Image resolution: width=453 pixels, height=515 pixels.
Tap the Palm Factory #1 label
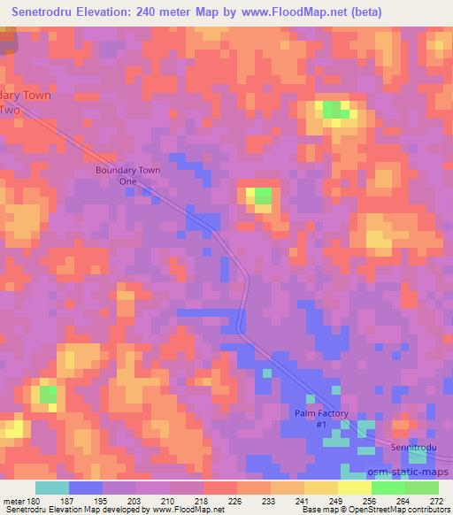click(x=322, y=419)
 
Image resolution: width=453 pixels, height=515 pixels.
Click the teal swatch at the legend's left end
click(x=52, y=488)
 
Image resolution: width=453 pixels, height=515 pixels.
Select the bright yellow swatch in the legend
click(x=355, y=488)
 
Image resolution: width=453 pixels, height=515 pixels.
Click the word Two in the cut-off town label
click(x=9, y=111)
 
